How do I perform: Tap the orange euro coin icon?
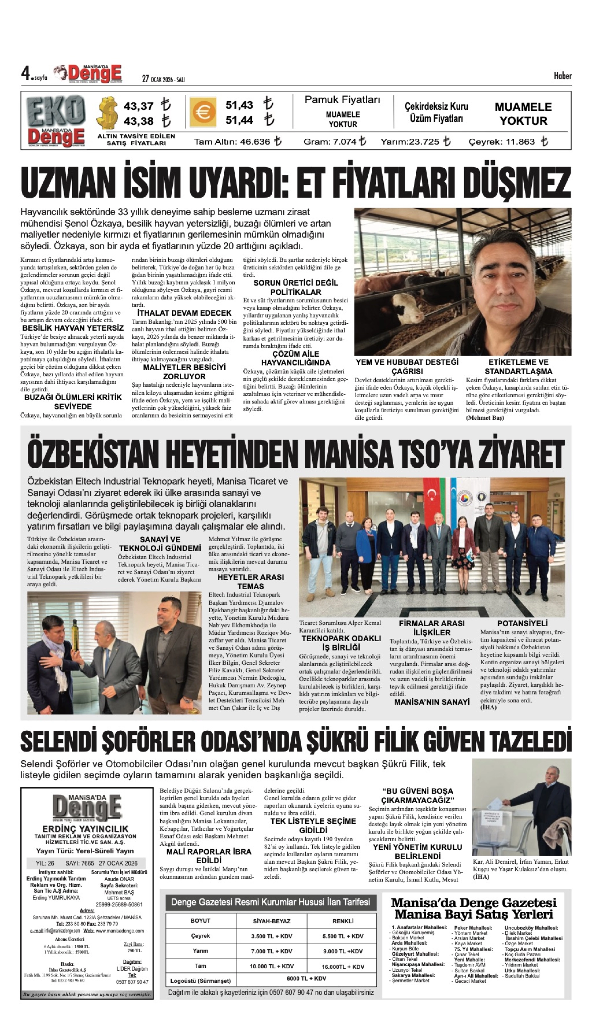tap(202, 112)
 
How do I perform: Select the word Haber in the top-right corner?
tap(562, 76)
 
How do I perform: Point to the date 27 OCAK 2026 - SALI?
tap(163, 79)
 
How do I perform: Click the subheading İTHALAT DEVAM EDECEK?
tap(184, 313)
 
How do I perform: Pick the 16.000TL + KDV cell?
tap(343, 967)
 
